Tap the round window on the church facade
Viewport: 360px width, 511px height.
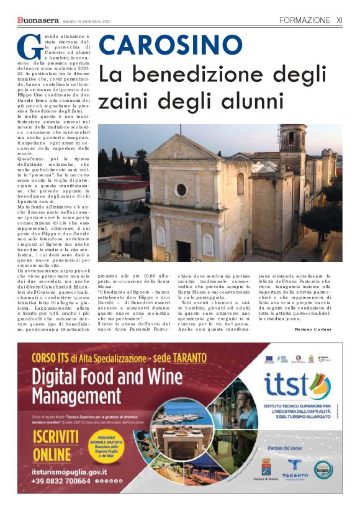click(x=181, y=189)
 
